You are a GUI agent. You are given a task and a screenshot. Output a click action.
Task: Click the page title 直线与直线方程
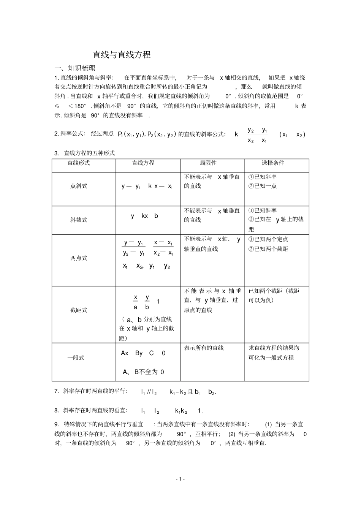(122, 55)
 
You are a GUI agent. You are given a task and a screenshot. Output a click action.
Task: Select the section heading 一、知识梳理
(75, 68)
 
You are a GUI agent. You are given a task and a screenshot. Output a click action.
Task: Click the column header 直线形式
(79, 163)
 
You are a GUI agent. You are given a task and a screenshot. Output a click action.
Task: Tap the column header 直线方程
(143, 163)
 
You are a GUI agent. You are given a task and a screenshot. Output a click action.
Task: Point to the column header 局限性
(208, 163)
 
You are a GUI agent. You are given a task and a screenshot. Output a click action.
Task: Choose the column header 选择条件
(273, 163)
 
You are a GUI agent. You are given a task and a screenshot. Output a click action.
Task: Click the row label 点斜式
(79, 186)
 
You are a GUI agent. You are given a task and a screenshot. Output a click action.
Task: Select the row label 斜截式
(79, 220)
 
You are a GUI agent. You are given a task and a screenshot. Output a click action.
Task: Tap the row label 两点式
(79, 258)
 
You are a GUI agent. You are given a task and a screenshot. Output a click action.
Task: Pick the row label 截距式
(79, 310)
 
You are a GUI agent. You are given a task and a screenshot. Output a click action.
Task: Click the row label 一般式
(76, 358)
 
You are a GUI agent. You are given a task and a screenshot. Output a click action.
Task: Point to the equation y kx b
(144, 216)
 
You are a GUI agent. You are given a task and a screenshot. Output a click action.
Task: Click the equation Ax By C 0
(143, 353)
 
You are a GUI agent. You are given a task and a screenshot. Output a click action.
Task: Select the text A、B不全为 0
(143, 372)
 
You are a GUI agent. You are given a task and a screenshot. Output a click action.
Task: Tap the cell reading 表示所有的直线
(204, 348)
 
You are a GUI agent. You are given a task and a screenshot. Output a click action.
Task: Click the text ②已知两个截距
(268, 249)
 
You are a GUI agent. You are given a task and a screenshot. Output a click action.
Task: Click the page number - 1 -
(180, 479)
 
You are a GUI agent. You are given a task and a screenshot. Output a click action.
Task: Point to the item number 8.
(57, 410)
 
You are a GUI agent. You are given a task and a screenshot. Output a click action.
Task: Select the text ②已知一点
(263, 186)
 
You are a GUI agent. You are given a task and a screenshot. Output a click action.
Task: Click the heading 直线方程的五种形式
(89, 153)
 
